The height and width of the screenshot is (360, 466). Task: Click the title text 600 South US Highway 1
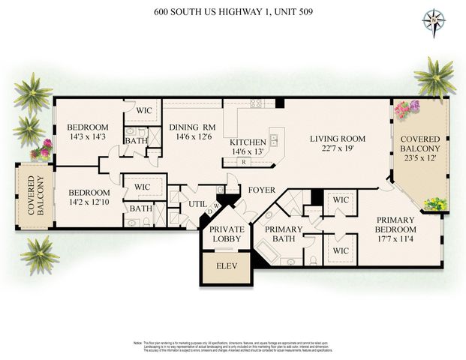(x=233, y=11)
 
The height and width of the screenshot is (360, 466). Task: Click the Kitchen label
(x=248, y=142)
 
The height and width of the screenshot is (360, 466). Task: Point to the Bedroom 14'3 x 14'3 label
(x=88, y=132)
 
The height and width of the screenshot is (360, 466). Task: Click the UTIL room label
(x=197, y=203)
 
